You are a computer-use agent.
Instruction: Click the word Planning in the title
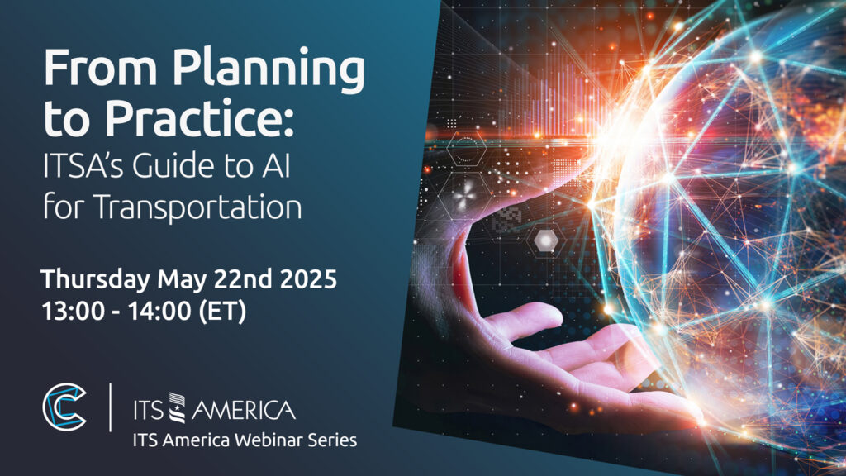(269, 71)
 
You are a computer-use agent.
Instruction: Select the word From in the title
(100, 68)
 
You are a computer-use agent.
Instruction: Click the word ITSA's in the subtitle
(85, 165)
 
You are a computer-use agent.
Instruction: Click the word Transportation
(197, 207)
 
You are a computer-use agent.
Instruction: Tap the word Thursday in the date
(96, 280)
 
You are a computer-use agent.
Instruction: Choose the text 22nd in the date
(243, 279)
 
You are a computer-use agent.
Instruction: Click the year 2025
(308, 279)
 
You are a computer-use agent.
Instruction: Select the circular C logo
(64, 407)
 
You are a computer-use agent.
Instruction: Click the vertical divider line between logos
(111, 407)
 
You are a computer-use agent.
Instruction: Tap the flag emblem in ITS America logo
(177, 407)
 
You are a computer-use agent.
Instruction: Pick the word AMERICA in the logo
(244, 410)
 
